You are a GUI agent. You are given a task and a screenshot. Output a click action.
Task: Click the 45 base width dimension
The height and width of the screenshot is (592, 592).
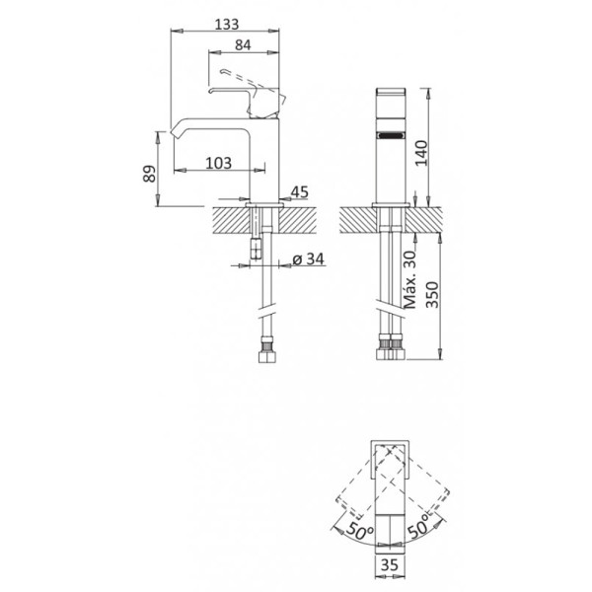pyautogui.click(x=300, y=193)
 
